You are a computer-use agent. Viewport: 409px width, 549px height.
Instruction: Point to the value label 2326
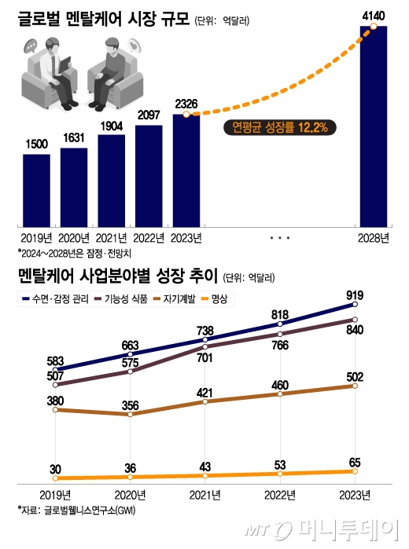[186, 104]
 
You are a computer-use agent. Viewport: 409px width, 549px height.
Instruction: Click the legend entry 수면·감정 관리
[57, 299]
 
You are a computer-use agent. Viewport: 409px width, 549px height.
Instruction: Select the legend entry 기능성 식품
[124, 299]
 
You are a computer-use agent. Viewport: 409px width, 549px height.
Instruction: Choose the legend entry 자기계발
[185, 299]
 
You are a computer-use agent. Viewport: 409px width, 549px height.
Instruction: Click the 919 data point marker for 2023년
[356, 304]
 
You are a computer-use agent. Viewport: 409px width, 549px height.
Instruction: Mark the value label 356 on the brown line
[130, 405]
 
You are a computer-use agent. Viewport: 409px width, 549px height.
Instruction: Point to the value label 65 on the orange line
[356, 463]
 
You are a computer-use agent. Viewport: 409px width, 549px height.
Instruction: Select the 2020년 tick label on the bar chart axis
[73, 238]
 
